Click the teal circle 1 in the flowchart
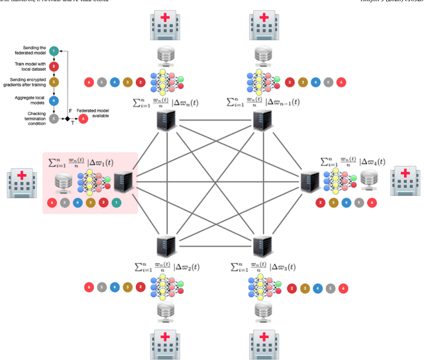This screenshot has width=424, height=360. [x=54, y=51]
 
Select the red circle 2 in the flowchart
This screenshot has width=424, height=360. [x=54, y=66]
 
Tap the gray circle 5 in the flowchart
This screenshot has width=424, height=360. [x=54, y=119]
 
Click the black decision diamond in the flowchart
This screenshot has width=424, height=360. [x=67, y=119]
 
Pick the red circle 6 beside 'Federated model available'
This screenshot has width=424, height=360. [x=83, y=119]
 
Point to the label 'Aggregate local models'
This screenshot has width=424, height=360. [x=28, y=101]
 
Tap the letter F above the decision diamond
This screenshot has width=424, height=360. [x=70, y=111]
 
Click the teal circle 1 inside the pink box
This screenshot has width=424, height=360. [x=117, y=202]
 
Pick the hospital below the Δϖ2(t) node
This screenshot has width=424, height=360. [x=164, y=342]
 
